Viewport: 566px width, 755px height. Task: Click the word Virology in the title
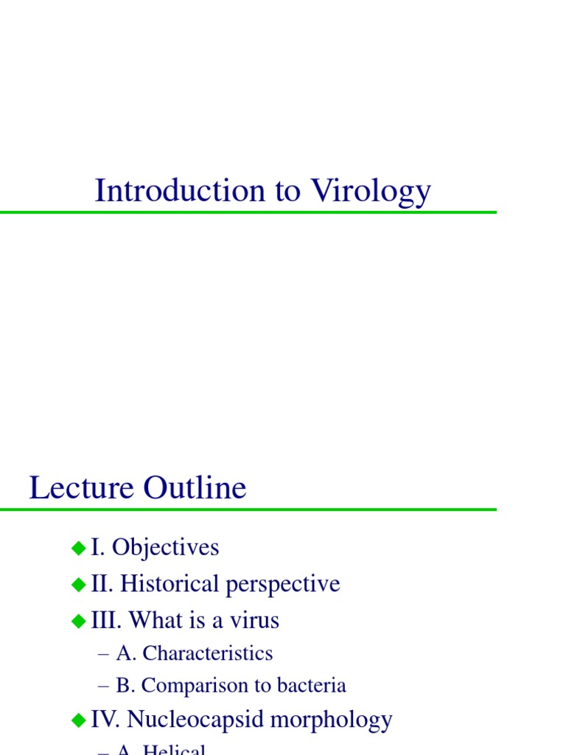point(371,192)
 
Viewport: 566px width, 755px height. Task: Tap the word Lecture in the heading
point(82,488)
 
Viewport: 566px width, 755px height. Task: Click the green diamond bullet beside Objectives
point(79,548)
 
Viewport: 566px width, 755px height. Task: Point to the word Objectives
point(166,548)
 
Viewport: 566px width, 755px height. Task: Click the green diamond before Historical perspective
point(79,585)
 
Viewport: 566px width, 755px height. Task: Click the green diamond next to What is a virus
point(79,621)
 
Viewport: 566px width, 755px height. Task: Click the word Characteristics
point(207,653)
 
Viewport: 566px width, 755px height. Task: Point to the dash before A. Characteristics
point(103,654)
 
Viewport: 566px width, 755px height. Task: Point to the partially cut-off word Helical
point(174,749)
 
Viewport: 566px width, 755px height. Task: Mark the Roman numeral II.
point(99,585)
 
